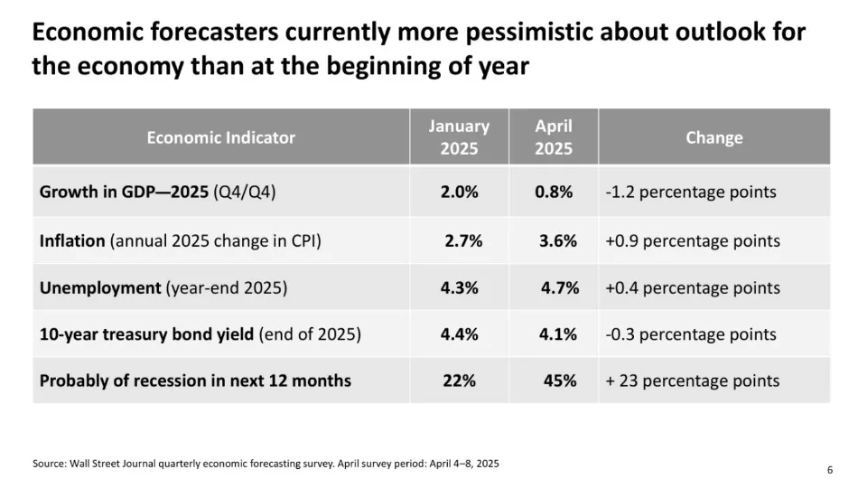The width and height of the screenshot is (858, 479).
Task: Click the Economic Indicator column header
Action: pyautogui.click(x=221, y=137)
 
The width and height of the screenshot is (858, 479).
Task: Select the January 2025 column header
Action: pyautogui.click(x=459, y=137)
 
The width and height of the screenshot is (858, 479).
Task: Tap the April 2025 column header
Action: pyautogui.click(x=554, y=137)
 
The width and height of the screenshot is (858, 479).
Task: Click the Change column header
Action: pyautogui.click(x=713, y=137)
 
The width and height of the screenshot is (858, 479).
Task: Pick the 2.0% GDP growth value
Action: pyautogui.click(x=459, y=192)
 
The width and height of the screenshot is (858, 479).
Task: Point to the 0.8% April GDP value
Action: pyautogui.click(x=554, y=192)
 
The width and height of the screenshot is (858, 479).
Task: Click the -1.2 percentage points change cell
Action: pyautogui.click(x=691, y=192)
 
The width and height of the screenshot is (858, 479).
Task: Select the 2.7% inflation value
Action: pyautogui.click(x=463, y=240)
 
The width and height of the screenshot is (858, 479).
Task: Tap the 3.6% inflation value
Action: pyautogui.click(x=558, y=240)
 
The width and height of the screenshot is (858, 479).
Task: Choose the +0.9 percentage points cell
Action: pyautogui.click(x=693, y=240)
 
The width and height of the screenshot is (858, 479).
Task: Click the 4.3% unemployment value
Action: pyautogui.click(x=459, y=287)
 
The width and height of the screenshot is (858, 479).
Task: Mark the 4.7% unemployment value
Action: pyautogui.click(x=559, y=287)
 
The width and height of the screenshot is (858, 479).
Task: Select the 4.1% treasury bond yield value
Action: pyautogui.click(x=558, y=334)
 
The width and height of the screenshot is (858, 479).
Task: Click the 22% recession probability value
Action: pyautogui.click(x=459, y=380)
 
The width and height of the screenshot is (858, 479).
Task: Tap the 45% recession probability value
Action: pyautogui.click(x=560, y=380)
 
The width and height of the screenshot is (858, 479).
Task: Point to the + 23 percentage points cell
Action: pyautogui.click(x=693, y=380)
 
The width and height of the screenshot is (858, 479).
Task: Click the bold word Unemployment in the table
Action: pyautogui.click(x=99, y=287)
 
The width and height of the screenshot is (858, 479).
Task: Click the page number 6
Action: pyautogui.click(x=829, y=469)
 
